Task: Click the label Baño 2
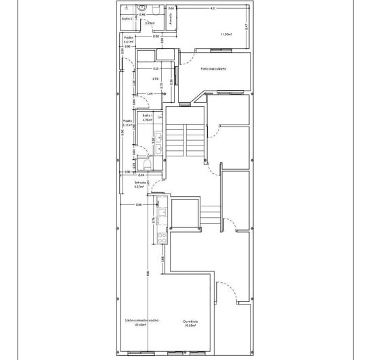pyautogui.click(x=127, y=19)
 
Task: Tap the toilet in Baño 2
pyautogui.click(x=154, y=10)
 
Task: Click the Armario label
pyautogui.click(x=171, y=20)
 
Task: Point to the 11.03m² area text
pyautogui.click(x=227, y=34)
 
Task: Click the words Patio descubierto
pyautogui.click(x=213, y=69)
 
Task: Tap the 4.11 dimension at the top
pyautogui.click(x=213, y=9)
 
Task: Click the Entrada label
pyautogui.click(x=141, y=183)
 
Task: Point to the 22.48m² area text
pyautogui.click(x=141, y=325)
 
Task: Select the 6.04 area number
pyautogui.click(x=156, y=79)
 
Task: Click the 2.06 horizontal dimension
pyautogui.click(x=139, y=204)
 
